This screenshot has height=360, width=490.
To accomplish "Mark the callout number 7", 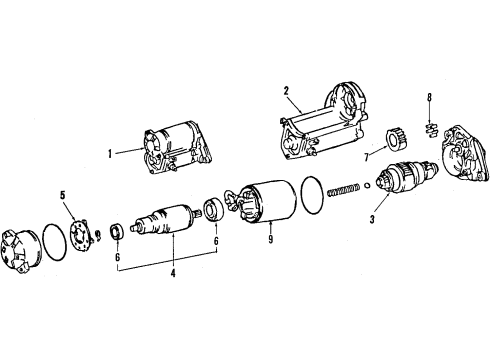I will pos(367,155).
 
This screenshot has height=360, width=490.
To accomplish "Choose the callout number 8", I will pos(429,98).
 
